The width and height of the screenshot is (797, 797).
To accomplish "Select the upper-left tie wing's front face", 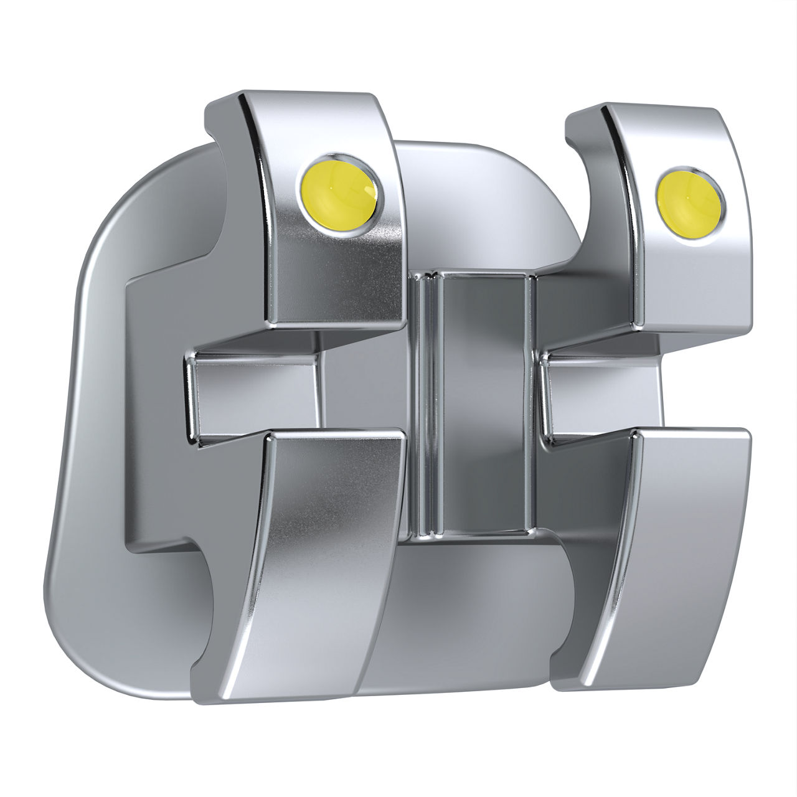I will (x=336, y=262).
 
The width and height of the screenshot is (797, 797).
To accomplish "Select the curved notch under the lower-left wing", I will (x=205, y=610).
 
